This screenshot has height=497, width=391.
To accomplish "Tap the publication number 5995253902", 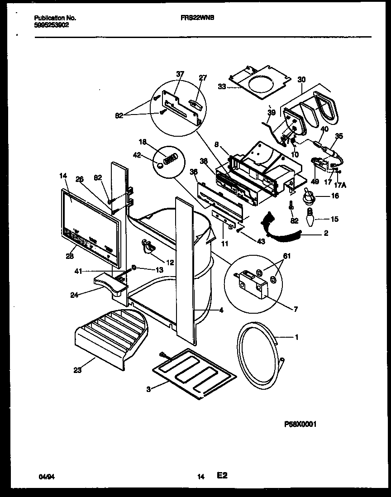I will [x=52, y=25].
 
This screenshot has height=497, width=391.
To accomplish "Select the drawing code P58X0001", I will [x=300, y=424].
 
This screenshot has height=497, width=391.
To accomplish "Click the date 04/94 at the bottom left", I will [x=43, y=477].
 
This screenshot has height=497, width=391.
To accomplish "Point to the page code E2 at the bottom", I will [x=222, y=476].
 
